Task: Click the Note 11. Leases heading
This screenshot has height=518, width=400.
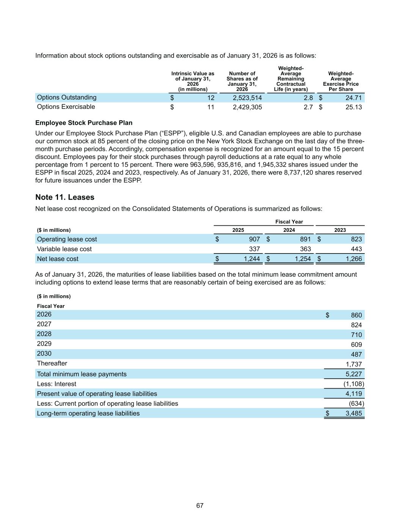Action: (65, 197)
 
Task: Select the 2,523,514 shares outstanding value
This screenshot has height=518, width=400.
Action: (247, 98)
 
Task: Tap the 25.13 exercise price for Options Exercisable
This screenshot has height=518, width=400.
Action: (353, 107)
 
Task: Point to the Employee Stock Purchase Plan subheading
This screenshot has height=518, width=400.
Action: (84, 123)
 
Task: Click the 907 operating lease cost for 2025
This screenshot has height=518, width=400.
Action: (254, 239)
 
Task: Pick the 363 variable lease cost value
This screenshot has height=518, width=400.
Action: (305, 249)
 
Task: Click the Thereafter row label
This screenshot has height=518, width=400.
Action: (52, 363)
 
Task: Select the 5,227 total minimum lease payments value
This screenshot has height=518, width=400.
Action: (353, 374)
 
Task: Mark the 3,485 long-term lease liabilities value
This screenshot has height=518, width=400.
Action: (353, 413)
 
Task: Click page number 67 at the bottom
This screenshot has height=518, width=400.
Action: (200, 505)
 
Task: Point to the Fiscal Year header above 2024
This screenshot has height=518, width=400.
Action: (289, 222)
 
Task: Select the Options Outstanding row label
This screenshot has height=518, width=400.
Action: (67, 98)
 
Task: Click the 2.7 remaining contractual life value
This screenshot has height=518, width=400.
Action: (308, 107)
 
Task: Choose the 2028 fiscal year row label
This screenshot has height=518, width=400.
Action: (44, 334)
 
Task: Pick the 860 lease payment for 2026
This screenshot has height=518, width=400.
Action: (356, 315)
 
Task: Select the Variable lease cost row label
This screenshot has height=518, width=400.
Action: (64, 249)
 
